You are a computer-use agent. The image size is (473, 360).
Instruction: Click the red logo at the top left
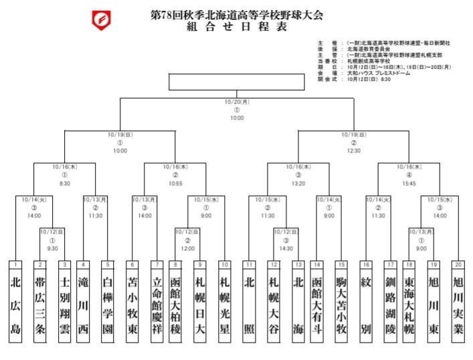point(102,20)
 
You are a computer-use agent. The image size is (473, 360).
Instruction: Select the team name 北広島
point(16,305)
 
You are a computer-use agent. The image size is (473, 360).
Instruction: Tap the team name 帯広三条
point(40,305)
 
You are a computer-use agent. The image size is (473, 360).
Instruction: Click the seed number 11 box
point(249,264)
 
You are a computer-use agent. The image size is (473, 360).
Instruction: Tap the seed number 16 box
point(365,264)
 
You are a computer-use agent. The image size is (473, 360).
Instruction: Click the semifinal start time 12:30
point(354,151)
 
